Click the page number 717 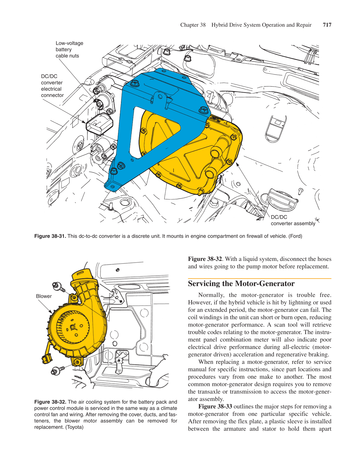(x=327, y=25)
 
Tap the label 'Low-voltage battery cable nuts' (x=69, y=50)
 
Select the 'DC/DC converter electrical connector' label (x=52, y=86)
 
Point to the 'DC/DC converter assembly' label (x=293, y=220)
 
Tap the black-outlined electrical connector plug (x=99, y=124)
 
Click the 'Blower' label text (x=44, y=296)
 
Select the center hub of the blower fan (x=73, y=327)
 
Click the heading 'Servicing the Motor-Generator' (x=241, y=284)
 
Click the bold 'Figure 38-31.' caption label (x=50, y=236)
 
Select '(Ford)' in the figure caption (x=295, y=236)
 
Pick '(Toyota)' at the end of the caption (x=74, y=427)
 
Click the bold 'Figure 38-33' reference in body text (x=215, y=406)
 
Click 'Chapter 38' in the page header (x=193, y=25)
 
